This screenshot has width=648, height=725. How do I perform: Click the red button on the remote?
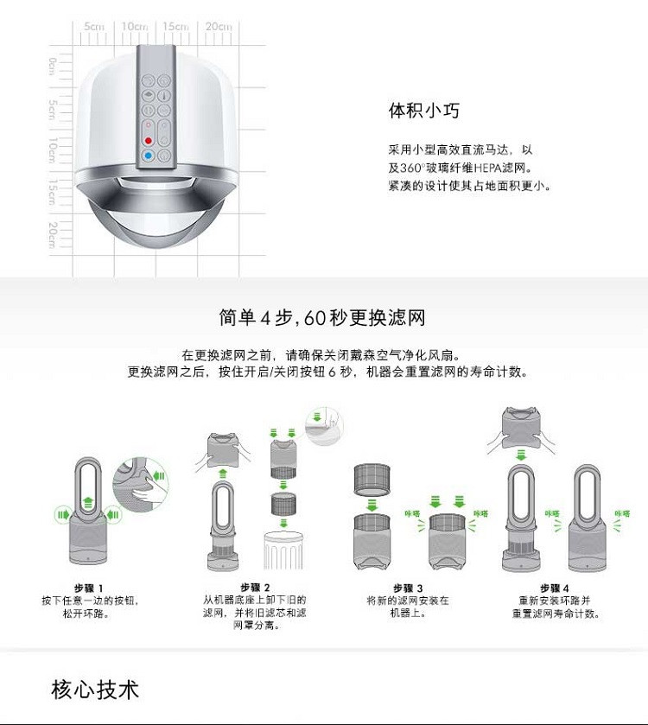coord(149,138)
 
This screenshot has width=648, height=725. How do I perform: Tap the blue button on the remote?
coord(149,156)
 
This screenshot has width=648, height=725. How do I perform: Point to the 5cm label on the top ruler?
coord(94,27)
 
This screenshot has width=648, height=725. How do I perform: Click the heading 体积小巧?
coord(423,111)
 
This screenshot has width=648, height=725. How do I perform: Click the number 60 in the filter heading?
coord(315,317)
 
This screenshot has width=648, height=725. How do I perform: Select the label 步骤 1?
coord(89,588)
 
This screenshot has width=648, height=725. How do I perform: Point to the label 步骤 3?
coord(407,588)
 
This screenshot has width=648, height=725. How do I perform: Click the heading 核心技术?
coord(95,690)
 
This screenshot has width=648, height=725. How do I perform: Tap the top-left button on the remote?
coord(149,79)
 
